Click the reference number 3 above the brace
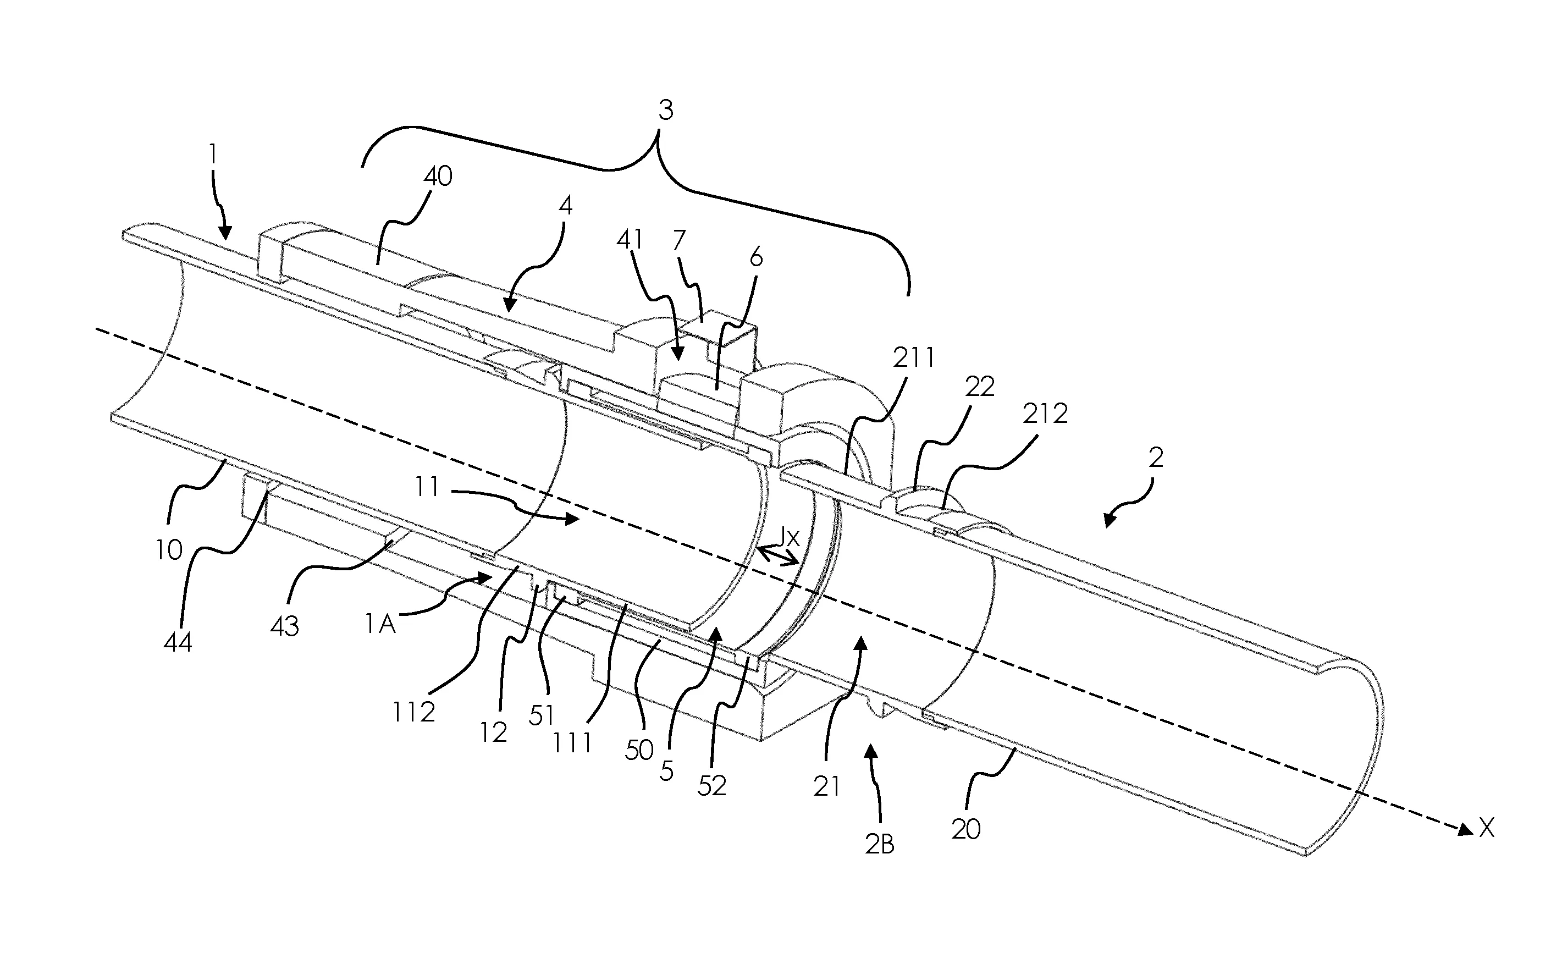pyautogui.click(x=665, y=111)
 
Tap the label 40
pyautogui.click(x=438, y=177)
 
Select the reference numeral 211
pyautogui.click(x=913, y=359)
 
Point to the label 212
pyautogui.click(x=1045, y=414)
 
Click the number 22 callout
pyautogui.click(x=979, y=387)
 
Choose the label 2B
pyautogui.click(x=879, y=844)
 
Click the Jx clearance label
pyautogui.click(x=788, y=538)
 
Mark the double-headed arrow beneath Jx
pyautogui.click(x=779, y=557)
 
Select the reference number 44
pyautogui.click(x=178, y=642)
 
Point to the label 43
pyautogui.click(x=285, y=626)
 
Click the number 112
pyautogui.click(x=413, y=712)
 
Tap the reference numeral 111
pyautogui.click(x=572, y=743)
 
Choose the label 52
pyautogui.click(x=711, y=786)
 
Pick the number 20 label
pyautogui.click(x=966, y=829)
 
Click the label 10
pyautogui.click(x=169, y=550)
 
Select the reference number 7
pyautogui.click(x=679, y=241)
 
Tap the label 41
pyautogui.click(x=630, y=240)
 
